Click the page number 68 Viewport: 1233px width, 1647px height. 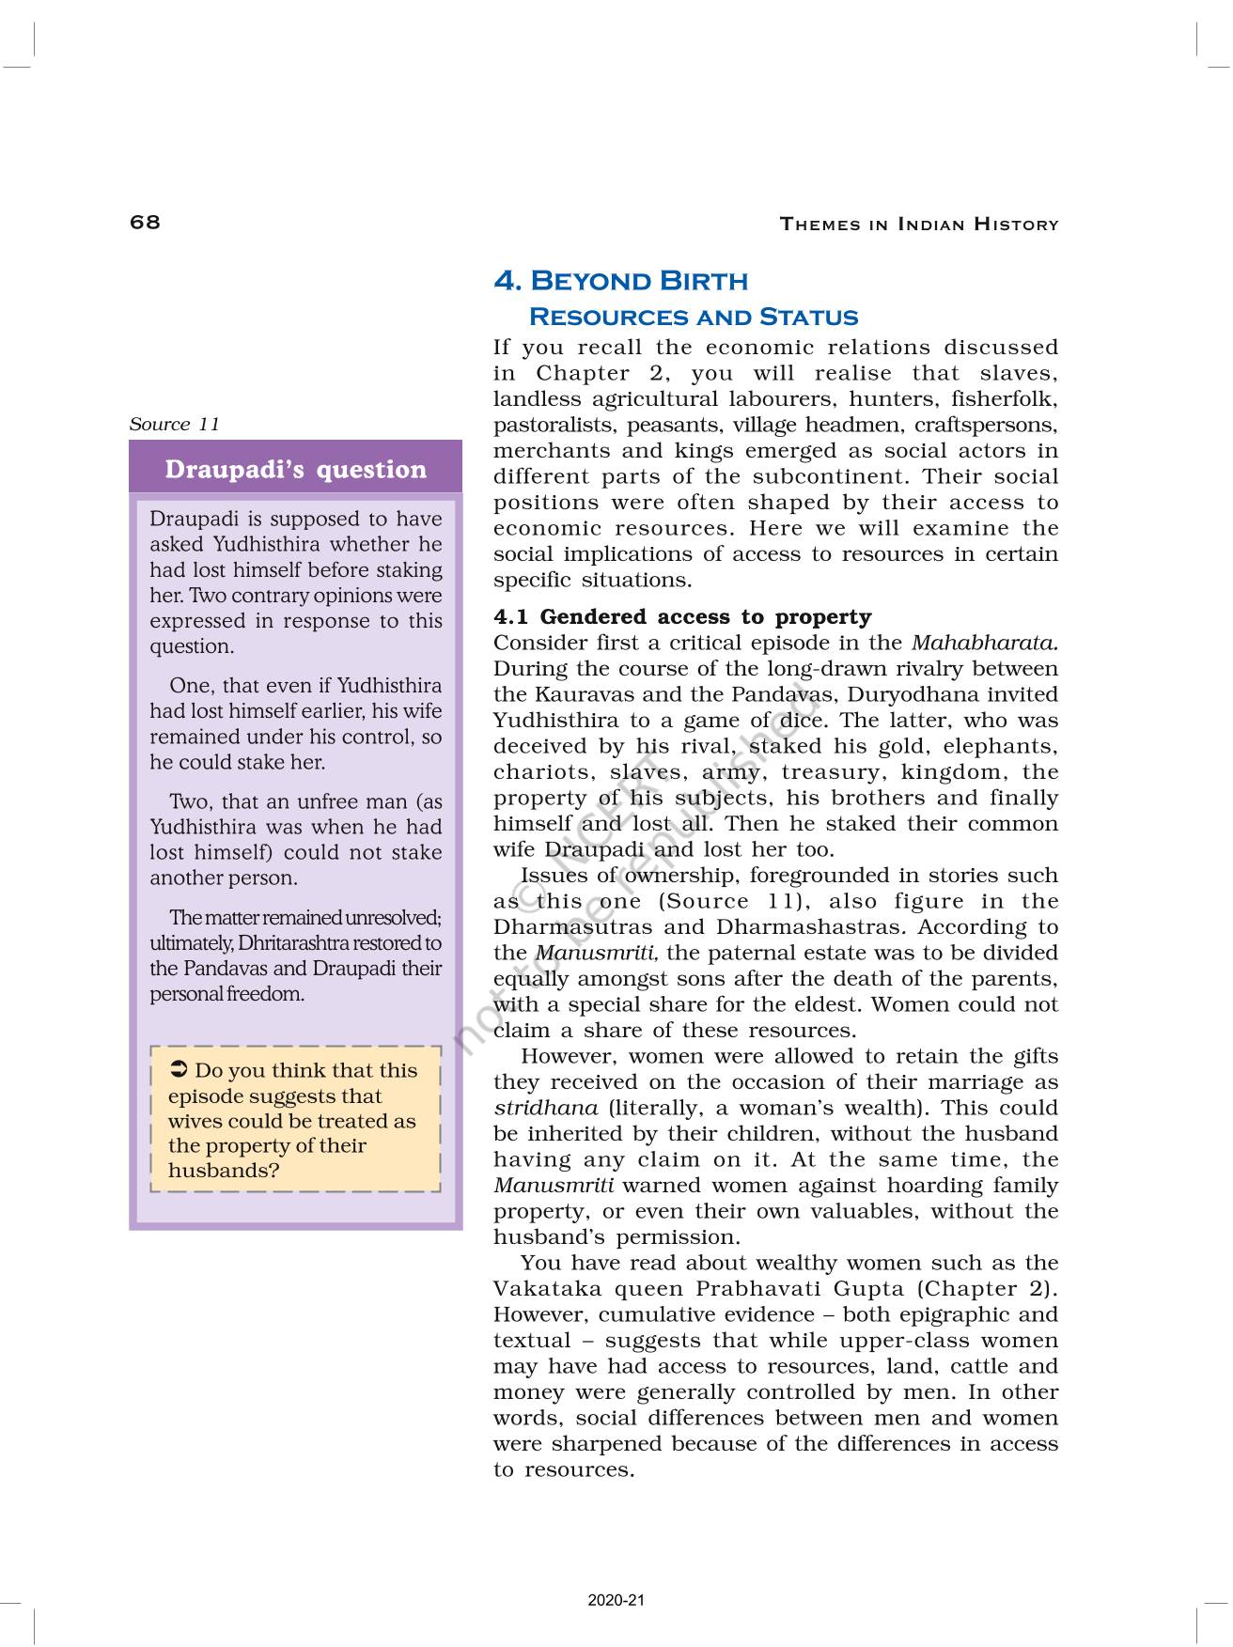coord(145,222)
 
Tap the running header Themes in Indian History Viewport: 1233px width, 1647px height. coord(918,225)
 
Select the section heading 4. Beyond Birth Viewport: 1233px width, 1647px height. coord(620,281)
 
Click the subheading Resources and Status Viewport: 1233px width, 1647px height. coord(694,317)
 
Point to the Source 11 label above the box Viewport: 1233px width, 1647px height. coord(174,424)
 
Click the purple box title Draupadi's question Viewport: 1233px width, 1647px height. coord(295,469)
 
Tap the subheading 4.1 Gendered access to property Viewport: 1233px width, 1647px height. coord(682,616)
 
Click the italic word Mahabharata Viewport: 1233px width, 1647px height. coord(984,643)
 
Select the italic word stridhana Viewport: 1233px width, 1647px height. coord(545,1108)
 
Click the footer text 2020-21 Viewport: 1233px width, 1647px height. coord(616,1600)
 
